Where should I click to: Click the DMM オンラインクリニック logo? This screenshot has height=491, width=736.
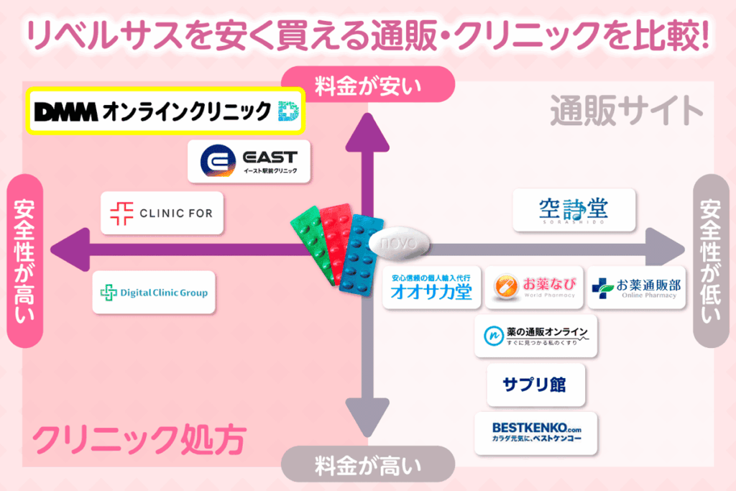(165, 111)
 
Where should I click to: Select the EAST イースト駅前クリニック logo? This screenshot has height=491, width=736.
(249, 161)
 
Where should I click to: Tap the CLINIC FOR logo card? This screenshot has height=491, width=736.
(162, 213)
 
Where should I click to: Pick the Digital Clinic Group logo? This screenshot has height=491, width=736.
(154, 292)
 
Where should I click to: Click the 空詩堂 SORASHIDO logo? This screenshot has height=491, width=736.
(574, 210)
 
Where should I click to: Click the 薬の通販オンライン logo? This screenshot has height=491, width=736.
(535, 335)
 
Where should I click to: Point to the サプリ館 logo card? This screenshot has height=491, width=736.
(535, 385)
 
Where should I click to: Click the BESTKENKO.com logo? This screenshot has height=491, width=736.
(535, 432)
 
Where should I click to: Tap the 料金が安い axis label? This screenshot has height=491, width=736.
(367, 85)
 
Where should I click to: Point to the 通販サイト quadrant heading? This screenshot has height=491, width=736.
(626, 111)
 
